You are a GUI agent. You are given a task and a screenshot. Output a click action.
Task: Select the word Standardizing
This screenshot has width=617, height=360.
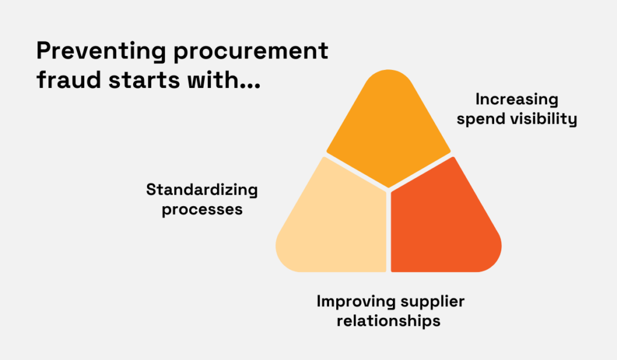click(202, 191)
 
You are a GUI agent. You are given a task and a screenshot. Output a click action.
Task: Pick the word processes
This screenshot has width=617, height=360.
click(202, 209)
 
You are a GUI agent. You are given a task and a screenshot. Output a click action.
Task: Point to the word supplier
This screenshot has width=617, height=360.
click(430, 301)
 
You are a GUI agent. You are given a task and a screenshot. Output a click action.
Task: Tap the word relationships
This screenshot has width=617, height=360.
click(388, 320)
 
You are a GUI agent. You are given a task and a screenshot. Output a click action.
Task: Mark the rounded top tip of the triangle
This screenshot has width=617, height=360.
click(389, 75)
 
